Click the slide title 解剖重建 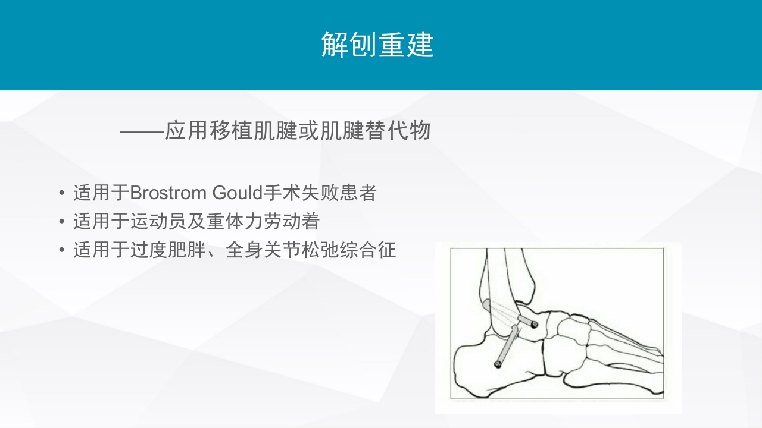377,45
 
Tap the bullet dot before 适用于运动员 62,222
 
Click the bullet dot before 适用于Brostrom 62,194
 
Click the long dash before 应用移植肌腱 142,131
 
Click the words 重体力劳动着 263,222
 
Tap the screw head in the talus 535,325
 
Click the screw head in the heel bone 498,364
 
